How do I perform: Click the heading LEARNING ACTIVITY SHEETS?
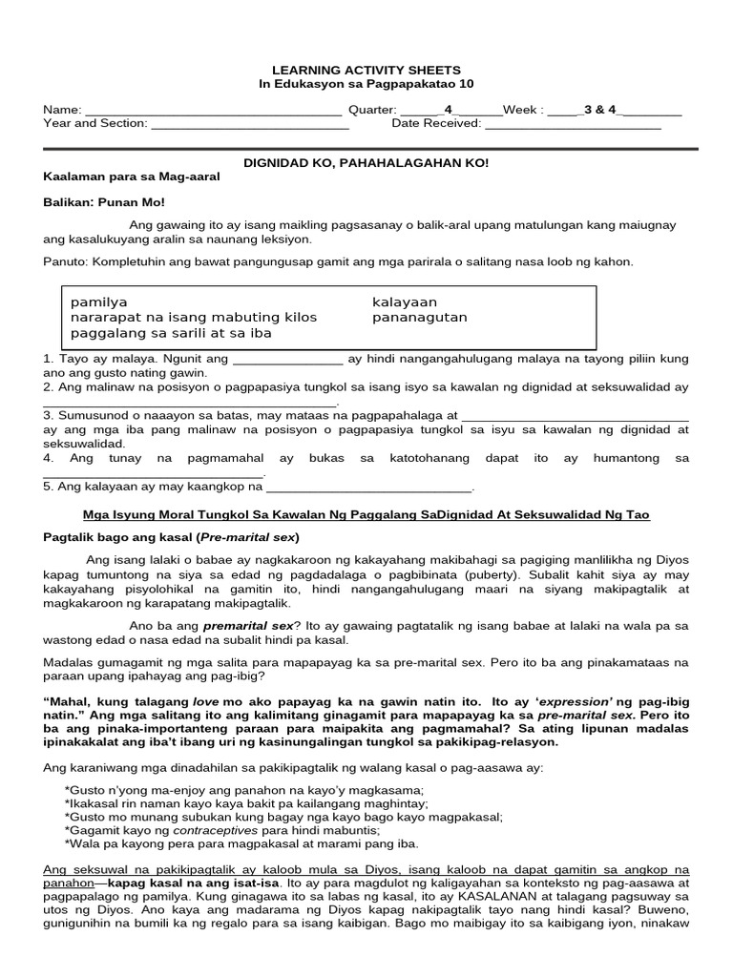(x=366, y=70)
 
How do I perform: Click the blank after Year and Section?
(x=250, y=124)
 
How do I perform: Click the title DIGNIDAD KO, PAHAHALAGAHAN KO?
(x=366, y=163)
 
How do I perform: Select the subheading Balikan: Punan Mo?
(x=104, y=202)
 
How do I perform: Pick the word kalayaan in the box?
(x=405, y=301)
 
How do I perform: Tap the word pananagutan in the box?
(x=420, y=317)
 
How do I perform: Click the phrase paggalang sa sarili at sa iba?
(x=171, y=333)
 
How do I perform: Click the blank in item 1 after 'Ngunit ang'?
(x=287, y=360)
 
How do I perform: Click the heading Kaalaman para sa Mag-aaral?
(x=132, y=177)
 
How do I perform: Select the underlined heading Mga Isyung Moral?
(x=366, y=514)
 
